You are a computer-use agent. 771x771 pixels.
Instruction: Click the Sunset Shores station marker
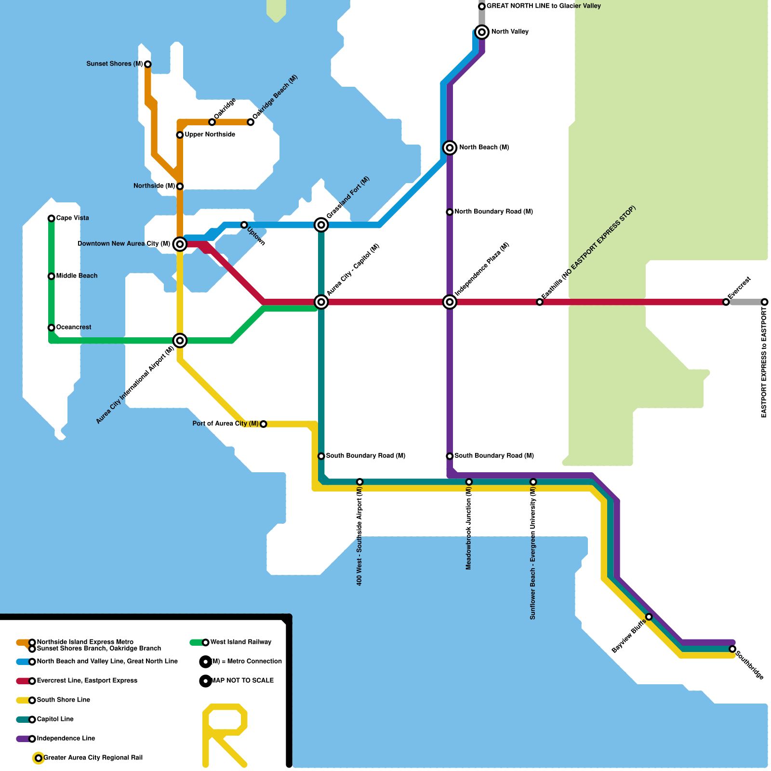[147, 64]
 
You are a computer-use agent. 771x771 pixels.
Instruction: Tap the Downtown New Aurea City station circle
[180, 244]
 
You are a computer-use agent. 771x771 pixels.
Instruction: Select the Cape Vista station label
[72, 218]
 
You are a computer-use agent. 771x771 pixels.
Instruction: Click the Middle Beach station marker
[51, 276]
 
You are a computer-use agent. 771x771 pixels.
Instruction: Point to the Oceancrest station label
[73, 328]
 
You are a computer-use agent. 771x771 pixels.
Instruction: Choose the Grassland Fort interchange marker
[321, 225]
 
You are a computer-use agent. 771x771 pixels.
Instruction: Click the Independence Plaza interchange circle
[450, 302]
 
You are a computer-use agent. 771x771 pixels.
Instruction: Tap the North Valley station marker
[481, 32]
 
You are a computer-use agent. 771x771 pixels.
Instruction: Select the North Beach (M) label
[484, 147]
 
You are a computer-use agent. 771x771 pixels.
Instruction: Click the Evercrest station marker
[726, 302]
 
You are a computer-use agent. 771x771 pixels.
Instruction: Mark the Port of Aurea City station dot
[263, 424]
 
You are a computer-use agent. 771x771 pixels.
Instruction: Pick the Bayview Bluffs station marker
[649, 617]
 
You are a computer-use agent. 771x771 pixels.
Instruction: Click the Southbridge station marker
[732, 649]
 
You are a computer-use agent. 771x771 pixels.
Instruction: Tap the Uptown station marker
[244, 225]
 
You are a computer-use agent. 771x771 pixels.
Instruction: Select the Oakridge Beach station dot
[251, 122]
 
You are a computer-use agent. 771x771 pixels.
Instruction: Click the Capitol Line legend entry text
[55, 719]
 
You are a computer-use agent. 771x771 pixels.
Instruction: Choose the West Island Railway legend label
[240, 642]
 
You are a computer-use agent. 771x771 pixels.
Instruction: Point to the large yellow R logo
[225, 735]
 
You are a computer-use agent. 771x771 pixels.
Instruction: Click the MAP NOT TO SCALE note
[242, 681]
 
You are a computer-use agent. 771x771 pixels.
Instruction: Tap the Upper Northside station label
[210, 135]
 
